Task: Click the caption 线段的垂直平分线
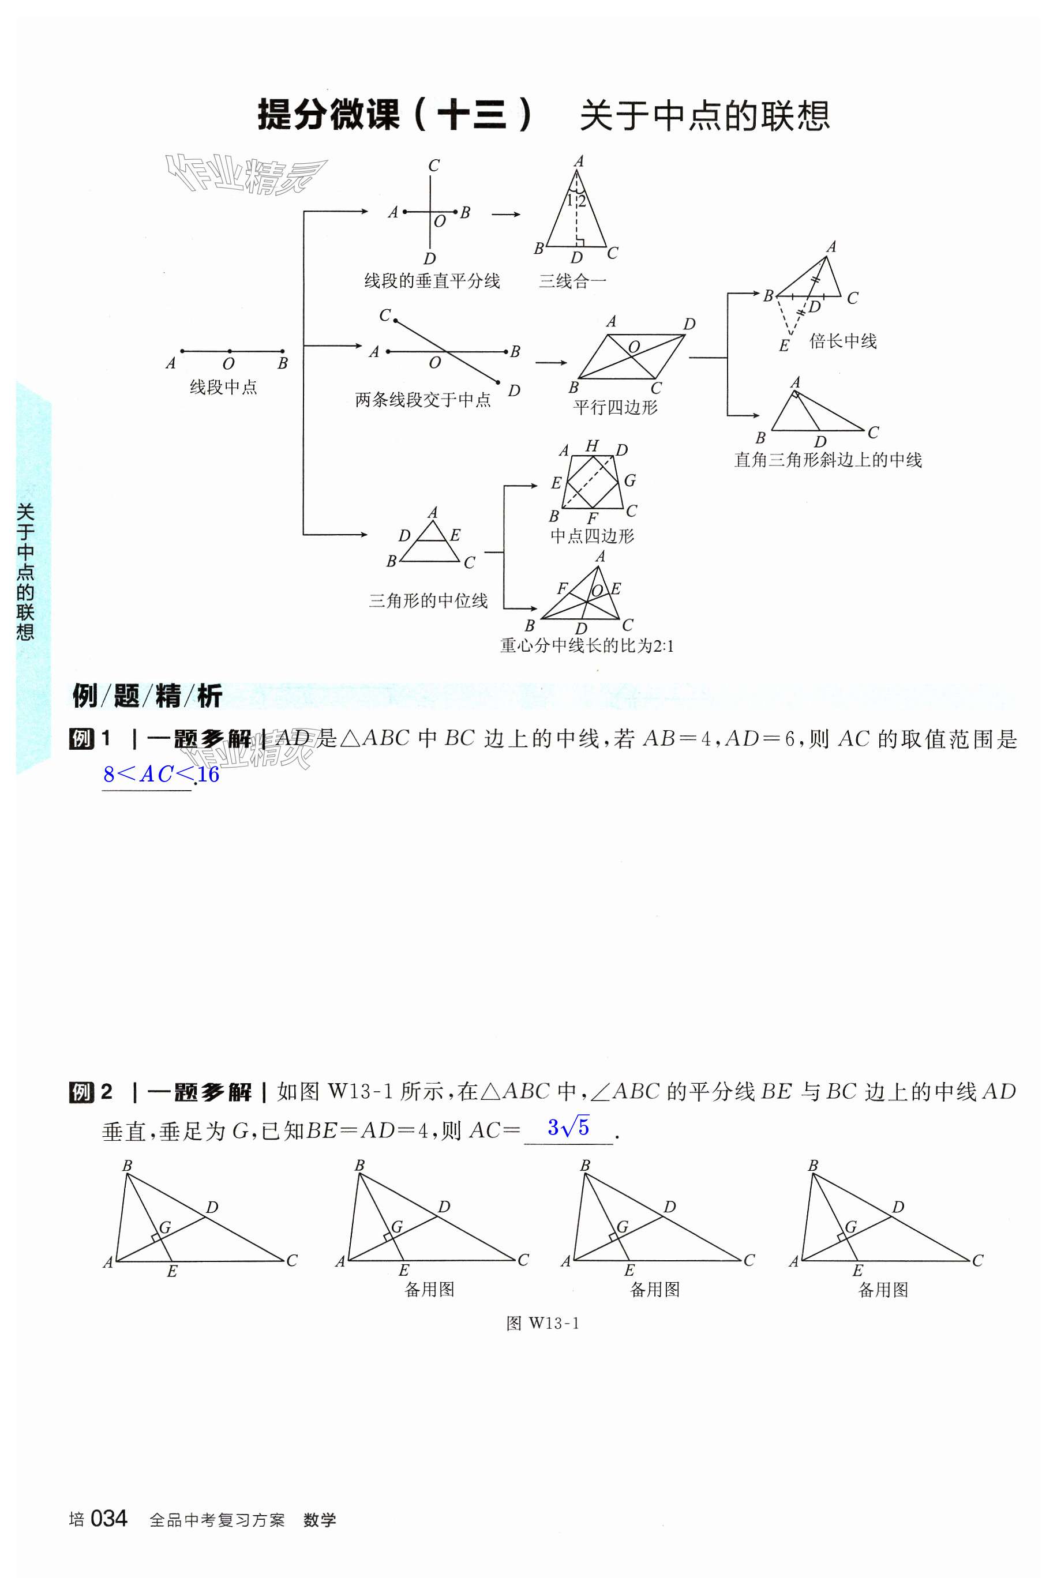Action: tap(432, 281)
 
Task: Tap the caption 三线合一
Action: tap(572, 281)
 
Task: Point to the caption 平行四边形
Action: tap(615, 407)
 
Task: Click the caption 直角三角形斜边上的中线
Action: tap(828, 460)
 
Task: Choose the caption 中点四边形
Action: tap(592, 536)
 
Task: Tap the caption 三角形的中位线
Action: tap(428, 600)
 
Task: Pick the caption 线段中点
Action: tap(223, 387)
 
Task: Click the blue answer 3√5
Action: tap(568, 1128)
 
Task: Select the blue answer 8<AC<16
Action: tap(161, 774)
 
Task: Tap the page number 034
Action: tap(108, 1518)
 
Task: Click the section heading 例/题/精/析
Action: tap(147, 696)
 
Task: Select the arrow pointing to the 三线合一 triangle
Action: tap(505, 215)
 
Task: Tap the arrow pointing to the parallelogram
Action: tap(551, 363)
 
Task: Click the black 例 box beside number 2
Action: tap(81, 1092)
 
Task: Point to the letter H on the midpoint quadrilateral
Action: tap(592, 445)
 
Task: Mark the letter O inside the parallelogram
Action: tap(634, 347)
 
